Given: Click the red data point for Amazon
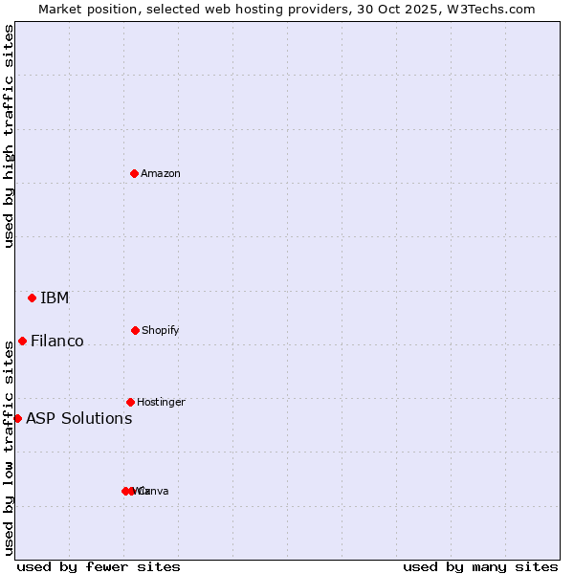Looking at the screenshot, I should (x=134, y=173).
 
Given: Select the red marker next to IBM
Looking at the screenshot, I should (x=32, y=298).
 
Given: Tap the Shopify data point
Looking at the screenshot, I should (x=135, y=330).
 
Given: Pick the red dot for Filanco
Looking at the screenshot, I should (x=22, y=341).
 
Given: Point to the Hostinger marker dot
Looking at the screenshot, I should (x=130, y=402).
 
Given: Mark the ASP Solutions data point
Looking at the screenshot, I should (x=17, y=418).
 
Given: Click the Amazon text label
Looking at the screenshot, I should (x=161, y=173).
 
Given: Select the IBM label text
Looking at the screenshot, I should (x=55, y=298).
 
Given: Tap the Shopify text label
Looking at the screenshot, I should (x=161, y=330).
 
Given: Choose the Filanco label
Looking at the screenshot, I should (x=57, y=341).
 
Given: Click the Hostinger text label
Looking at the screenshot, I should (x=161, y=402).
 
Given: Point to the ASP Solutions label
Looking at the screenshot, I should (x=79, y=418).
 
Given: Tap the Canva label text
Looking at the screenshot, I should (x=155, y=491).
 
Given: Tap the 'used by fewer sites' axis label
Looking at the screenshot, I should (x=99, y=566).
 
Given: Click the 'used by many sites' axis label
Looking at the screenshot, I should (x=480, y=566).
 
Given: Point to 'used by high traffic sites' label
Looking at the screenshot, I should (x=9, y=136).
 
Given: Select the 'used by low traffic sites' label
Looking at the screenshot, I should (x=9, y=447).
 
